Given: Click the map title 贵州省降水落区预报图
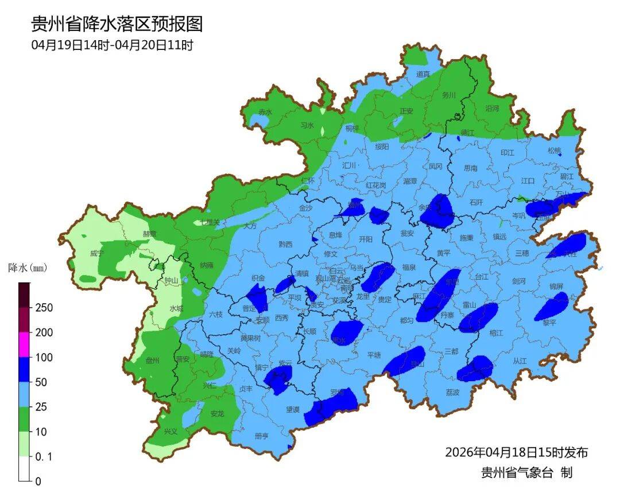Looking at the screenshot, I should (x=117, y=24).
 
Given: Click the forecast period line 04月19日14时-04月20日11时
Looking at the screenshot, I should (x=112, y=45).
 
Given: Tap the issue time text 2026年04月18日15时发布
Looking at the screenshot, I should (x=516, y=452).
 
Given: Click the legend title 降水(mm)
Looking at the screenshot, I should (x=27, y=268).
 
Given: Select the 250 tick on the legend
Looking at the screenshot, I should (x=44, y=308).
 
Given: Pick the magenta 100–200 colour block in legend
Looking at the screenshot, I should (x=24, y=344).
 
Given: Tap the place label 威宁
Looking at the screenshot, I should (x=97, y=253).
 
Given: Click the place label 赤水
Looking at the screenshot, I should (x=265, y=113).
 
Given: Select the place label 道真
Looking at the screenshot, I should (x=423, y=74).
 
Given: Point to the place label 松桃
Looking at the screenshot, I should (x=554, y=151).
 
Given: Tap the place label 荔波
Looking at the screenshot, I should (x=452, y=392).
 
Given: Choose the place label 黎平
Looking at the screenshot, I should (x=549, y=323).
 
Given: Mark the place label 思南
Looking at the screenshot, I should (x=470, y=169).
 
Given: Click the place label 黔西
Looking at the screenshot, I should (x=285, y=244).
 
